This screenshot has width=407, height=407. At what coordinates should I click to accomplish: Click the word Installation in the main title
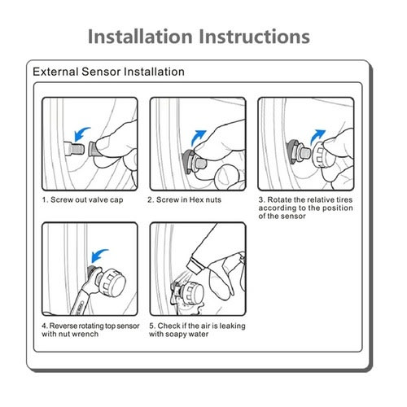(x=140, y=37)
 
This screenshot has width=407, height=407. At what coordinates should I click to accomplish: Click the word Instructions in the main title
(x=254, y=37)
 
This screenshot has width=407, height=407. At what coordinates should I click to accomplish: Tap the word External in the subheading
(x=55, y=72)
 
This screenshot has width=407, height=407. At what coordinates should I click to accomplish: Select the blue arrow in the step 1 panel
(x=81, y=133)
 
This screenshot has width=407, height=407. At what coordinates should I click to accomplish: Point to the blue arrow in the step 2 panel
(x=198, y=138)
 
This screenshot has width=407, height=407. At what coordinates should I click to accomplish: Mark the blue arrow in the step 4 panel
(x=99, y=256)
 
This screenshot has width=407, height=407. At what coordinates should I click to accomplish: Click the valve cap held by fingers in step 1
(x=94, y=149)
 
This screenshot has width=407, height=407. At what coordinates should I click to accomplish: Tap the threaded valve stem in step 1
(x=74, y=149)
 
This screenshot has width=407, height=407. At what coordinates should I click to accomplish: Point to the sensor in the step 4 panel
(x=112, y=282)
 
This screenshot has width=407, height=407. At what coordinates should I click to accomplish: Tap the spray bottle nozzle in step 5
(x=195, y=265)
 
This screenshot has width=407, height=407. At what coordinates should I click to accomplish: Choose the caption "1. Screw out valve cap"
(x=82, y=200)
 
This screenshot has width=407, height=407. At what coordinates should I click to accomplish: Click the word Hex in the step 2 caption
(x=196, y=200)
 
